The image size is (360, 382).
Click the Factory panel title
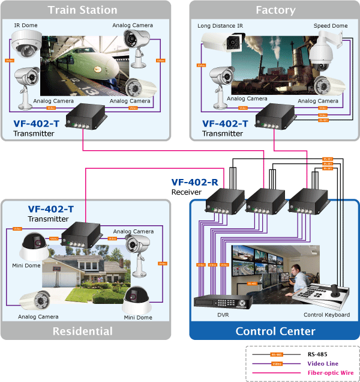[275, 10]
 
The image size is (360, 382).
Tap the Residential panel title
[82, 331]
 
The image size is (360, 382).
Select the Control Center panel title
[275, 331]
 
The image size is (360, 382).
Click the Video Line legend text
[323, 363]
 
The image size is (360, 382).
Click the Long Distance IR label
[220, 26]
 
